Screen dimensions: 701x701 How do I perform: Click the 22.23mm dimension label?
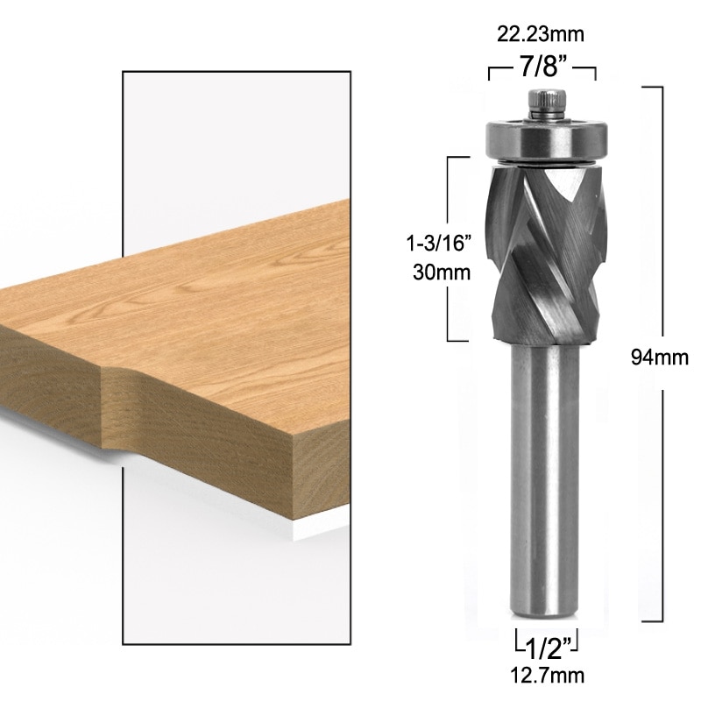542,34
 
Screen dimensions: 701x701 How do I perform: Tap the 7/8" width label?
542,67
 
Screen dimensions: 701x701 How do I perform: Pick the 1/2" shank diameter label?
542,648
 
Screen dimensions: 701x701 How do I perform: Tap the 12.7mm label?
542,676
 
